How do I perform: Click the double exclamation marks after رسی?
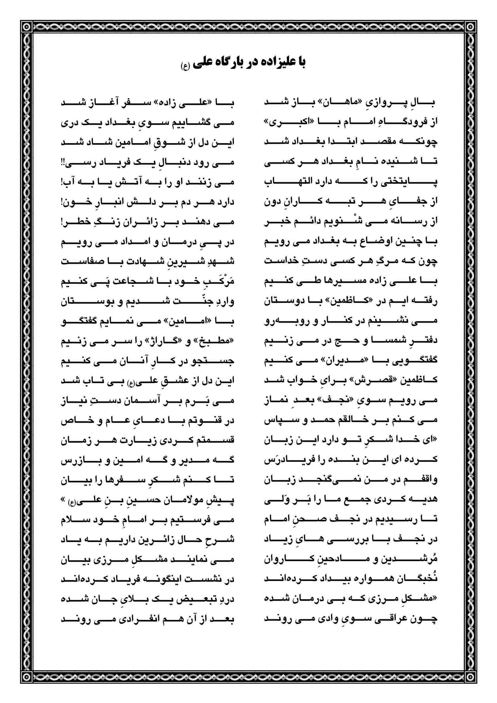coord(63,162)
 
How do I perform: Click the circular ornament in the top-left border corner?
coord(27,27)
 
